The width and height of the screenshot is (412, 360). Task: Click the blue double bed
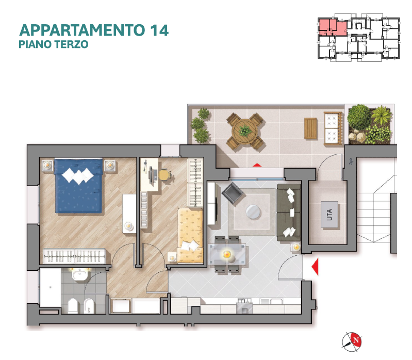(x=78, y=186)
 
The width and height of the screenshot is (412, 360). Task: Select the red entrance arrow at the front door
(x=315, y=267)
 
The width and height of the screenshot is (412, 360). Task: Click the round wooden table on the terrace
(x=245, y=131)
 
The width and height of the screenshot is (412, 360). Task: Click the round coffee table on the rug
(x=253, y=212)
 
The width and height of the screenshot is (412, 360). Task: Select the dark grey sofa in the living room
(x=289, y=212)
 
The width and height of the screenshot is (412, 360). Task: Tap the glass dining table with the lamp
(x=227, y=255)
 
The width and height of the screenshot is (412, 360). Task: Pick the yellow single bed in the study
(x=190, y=236)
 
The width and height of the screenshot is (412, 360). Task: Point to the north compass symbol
(x=352, y=341)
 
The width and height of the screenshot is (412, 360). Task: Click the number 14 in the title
(x=159, y=30)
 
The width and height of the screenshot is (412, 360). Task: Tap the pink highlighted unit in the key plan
(x=333, y=27)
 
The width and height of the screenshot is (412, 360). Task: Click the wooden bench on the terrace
(x=311, y=128)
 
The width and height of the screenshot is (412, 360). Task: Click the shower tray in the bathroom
(x=50, y=287)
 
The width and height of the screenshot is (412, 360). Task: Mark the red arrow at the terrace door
(x=257, y=165)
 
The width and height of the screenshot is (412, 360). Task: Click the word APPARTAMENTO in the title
(x=82, y=30)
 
